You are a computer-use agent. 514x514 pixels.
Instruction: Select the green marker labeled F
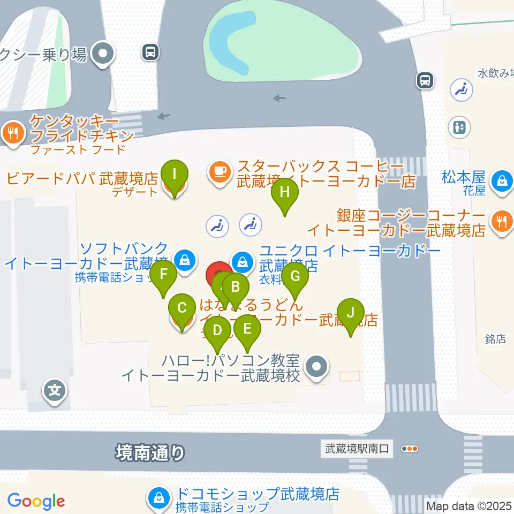click(164, 275)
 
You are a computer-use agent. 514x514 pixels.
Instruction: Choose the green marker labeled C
click(182, 308)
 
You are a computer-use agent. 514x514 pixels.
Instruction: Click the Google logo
click(36, 501)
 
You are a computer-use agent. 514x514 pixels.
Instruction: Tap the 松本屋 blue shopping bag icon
click(503, 181)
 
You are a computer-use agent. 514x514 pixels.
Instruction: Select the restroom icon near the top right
click(459, 127)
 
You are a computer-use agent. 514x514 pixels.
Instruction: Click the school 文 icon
click(55, 390)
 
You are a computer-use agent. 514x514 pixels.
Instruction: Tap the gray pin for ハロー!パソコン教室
click(316, 367)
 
